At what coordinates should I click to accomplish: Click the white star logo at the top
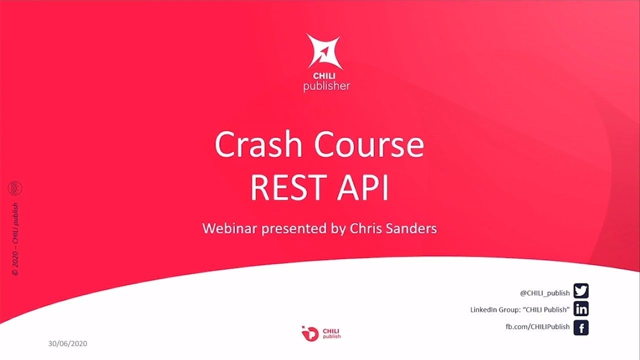pyautogui.click(x=324, y=51)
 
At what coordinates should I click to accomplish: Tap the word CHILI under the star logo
pyautogui.click(x=324, y=76)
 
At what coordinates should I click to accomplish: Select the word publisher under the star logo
pyautogui.click(x=326, y=86)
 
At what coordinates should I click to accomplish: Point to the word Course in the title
pyautogui.click(x=369, y=144)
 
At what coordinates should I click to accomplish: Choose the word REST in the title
pyautogui.click(x=289, y=187)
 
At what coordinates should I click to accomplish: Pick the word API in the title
pyautogui.click(x=363, y=187)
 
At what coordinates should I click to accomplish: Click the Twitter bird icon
pyautogui.click(x=581, y=291)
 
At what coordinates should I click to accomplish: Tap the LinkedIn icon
pyautogui.click(x=581, y=309)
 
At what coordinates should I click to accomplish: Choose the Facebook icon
pyautogui.click(x=581, y=327)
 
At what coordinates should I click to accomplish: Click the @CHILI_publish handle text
pyautogui.click(x=545, y=293)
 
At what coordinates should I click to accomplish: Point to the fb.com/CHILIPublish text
pyautogui.click(x=537, y=326)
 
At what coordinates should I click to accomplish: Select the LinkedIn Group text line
pyautogui.click(x=520, y=309)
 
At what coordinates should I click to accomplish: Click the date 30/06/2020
pyautogui.click(x=67, y=343)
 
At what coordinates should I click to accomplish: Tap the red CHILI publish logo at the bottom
pyautogui.click(x=321, y=333)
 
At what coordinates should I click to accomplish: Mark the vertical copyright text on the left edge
pyautogui.click(x=15, y=239)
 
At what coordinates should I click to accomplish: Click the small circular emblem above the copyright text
pyautogui.click(x=15, y=188)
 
